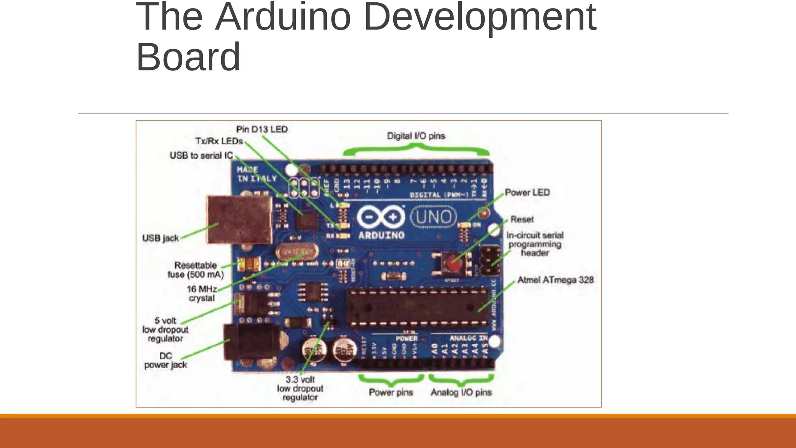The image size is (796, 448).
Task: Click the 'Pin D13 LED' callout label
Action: click(x=262, y=129)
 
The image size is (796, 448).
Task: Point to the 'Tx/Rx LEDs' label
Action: click(x=219, y=141)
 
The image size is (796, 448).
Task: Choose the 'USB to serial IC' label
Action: click(x=201, y=156)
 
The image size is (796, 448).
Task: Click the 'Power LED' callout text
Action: click(x=527, y=192)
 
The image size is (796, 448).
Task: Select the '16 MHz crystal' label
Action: click(x=202, y=294)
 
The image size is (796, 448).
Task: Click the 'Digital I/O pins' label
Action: click(x=416, y=136)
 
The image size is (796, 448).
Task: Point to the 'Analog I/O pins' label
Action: click(x=461, y=392)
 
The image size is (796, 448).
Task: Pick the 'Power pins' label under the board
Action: click(x=391, y=392)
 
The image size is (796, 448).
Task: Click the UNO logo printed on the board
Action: click(x=433, y=217)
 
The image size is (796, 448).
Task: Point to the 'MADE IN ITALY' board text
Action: click(x=257, y=174)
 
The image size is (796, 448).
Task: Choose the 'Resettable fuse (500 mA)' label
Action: click(x=196, y=270)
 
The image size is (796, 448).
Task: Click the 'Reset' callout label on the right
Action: click(x=522, y=219)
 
